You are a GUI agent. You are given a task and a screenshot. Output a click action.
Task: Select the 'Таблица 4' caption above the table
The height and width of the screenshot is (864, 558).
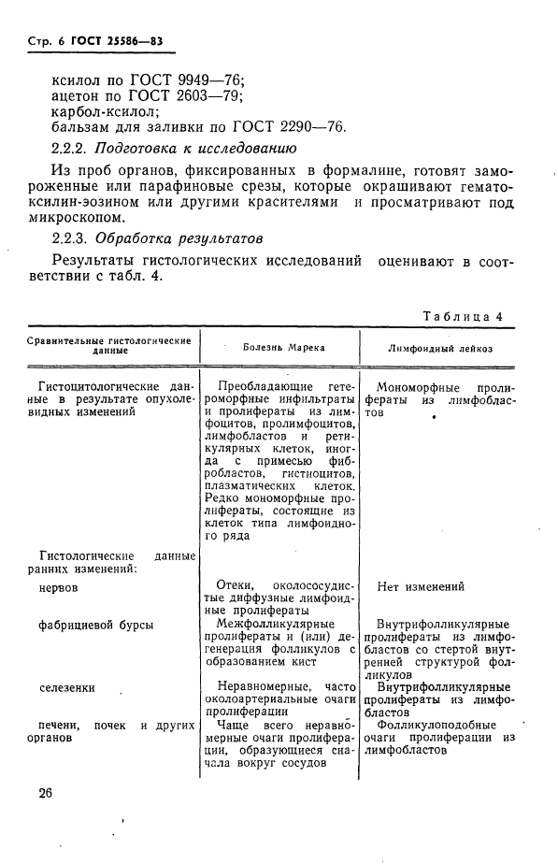click(463, 316)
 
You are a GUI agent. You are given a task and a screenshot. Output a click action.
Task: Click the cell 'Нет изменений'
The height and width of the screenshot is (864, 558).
click(421, 587)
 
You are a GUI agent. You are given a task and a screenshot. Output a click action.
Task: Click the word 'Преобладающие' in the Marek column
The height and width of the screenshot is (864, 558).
click(265, 385)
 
